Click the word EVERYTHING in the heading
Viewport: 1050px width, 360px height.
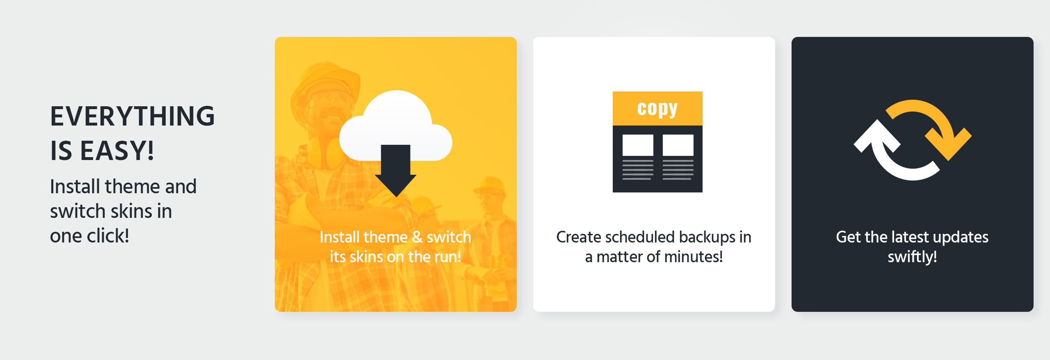[132, 116]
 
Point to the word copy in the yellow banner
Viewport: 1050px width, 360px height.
[657, 109]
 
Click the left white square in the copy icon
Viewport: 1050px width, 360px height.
[638, 145]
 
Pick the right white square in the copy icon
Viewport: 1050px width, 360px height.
[678, 145]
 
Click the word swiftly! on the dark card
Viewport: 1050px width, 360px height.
[912, 257]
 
